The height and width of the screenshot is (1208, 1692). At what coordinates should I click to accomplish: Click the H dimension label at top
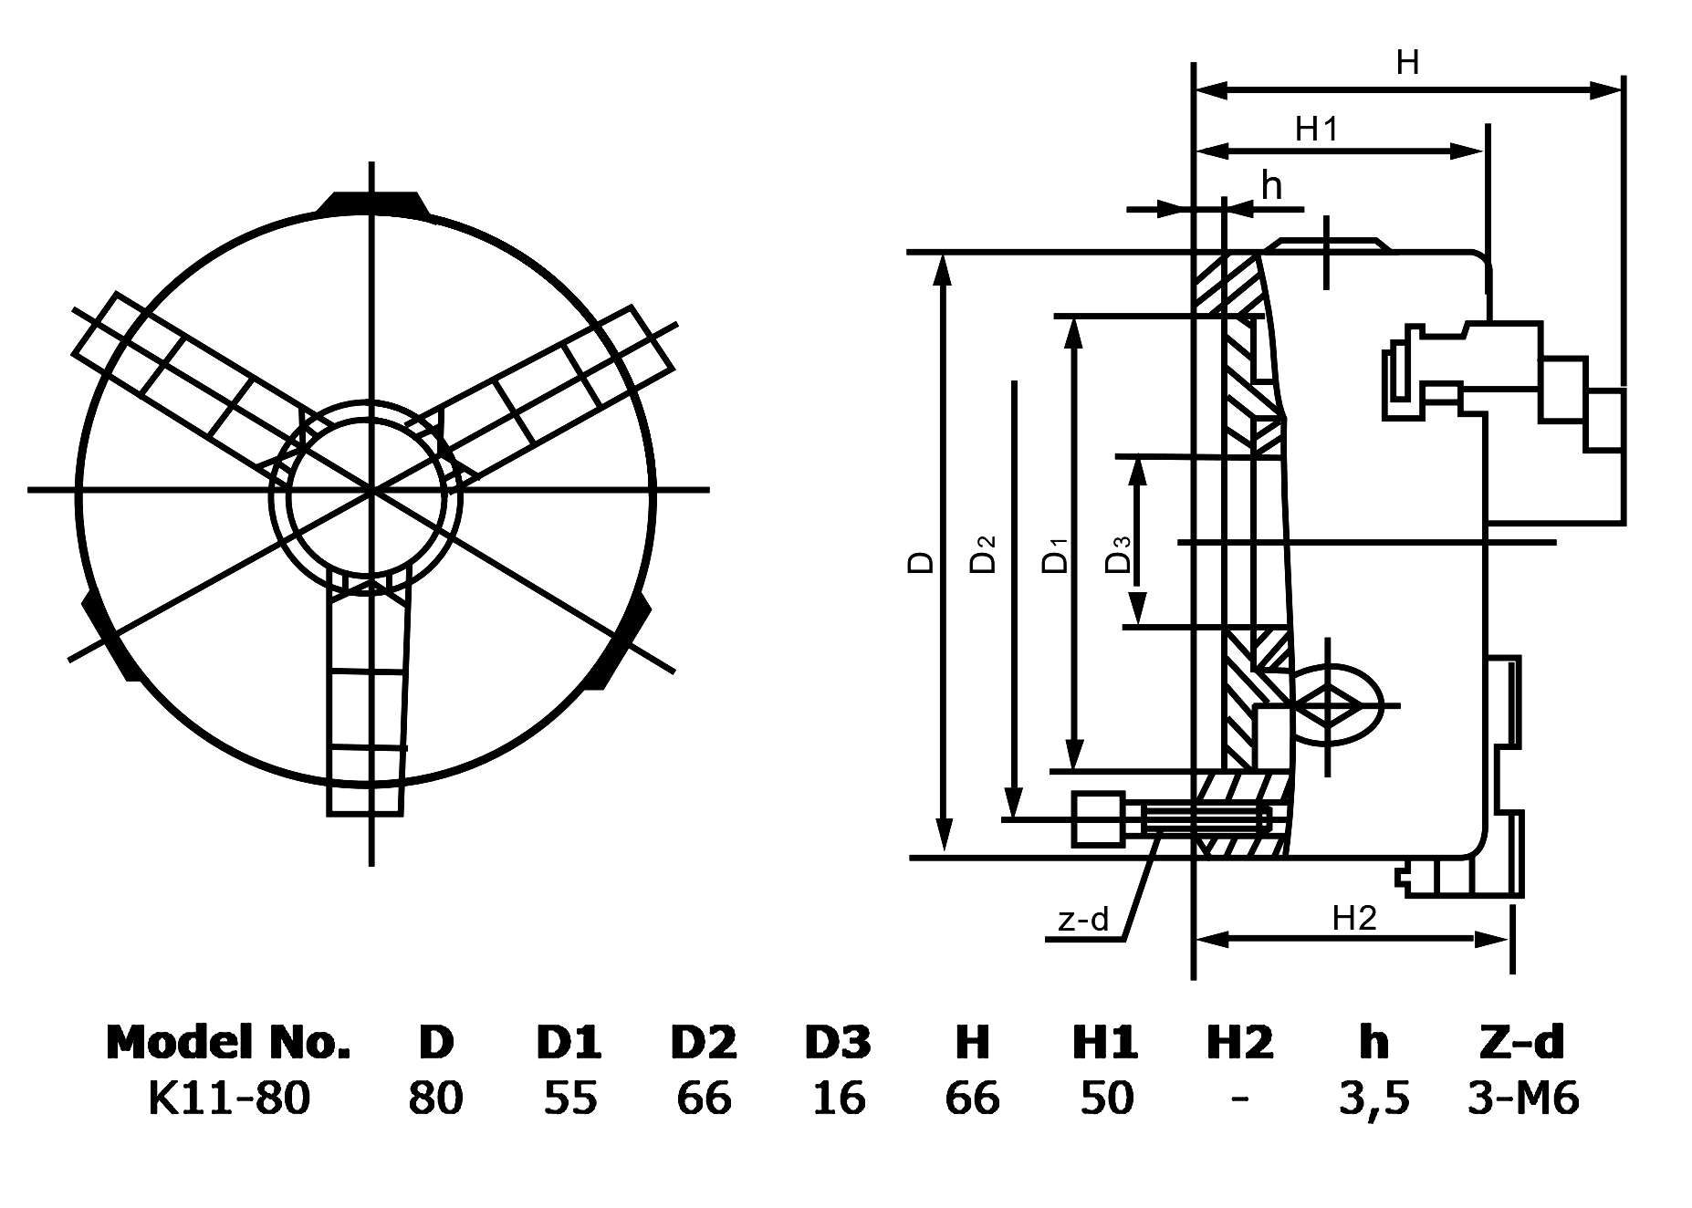click(1407, 63)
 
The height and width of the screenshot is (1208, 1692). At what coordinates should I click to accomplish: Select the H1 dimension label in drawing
click(1316, 130)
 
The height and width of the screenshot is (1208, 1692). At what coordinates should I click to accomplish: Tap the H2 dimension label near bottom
click(1353, 918)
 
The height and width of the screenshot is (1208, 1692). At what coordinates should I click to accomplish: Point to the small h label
click(1271, 186)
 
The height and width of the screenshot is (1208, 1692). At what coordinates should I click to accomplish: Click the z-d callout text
click(1082, 920)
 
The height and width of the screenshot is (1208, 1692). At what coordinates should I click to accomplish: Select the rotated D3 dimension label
click(1118, 555)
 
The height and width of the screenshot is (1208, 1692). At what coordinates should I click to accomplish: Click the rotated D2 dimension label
click(983, 554)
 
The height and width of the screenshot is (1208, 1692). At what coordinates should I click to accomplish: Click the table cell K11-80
click(228, 1098)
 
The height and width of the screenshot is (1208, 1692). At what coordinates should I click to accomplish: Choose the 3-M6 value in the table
click(1522, 1098)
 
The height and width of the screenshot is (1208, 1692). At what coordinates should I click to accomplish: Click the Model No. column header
click(228, 1042)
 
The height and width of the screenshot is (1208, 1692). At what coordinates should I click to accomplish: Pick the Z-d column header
click(1521, 1042)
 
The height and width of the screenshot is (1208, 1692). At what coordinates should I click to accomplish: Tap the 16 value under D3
click(838, 1098)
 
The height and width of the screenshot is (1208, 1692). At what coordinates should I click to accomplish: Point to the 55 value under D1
click(569, 1098)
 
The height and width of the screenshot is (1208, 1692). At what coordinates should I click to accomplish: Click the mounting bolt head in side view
click(1099, 819)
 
